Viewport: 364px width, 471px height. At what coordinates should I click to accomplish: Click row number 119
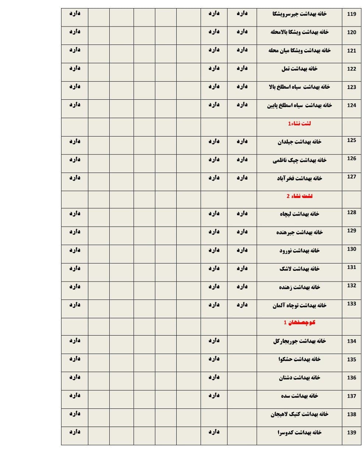point(351,14)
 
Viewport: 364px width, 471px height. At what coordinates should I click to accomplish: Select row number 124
point(351,105)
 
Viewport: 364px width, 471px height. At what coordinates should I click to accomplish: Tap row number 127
point(351,177)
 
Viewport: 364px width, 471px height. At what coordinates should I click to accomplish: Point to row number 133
point(351,304)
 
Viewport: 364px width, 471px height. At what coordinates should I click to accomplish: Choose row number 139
point(351,433)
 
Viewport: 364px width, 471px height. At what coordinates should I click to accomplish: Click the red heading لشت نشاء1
point(299,123)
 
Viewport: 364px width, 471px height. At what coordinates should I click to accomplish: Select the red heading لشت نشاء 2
point(299,196)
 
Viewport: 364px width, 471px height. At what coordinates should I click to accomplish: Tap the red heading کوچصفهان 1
point(299,322)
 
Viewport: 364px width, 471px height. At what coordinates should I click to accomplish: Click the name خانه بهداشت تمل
point(299,69)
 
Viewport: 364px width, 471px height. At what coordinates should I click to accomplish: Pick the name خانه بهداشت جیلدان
point(299,142)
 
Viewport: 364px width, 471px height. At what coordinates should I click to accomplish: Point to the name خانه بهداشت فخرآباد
point(299,178)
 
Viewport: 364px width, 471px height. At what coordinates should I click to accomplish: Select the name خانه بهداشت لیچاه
point(299,214)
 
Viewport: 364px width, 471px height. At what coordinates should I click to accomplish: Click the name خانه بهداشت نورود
point(299,251)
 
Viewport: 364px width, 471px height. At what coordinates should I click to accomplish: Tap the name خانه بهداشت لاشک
point(299,269)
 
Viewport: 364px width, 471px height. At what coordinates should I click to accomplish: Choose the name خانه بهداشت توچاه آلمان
point(299,305)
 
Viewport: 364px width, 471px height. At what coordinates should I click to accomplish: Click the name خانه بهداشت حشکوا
point(299,359)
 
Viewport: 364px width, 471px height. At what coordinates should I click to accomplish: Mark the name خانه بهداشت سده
point(299,396)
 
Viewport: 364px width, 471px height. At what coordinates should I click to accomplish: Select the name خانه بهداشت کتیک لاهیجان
point(299,414)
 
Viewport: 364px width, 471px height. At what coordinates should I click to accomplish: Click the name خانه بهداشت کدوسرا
point(299,432)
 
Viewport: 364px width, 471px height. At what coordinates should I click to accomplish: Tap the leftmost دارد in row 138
point(74,413)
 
